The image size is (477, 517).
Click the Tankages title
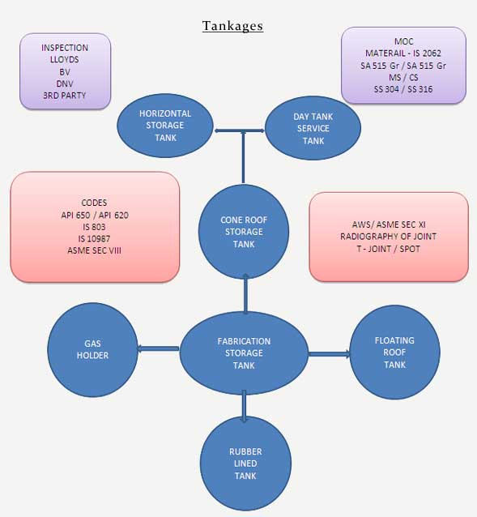click(232, 26)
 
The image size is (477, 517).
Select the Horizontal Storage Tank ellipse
click(165, 125)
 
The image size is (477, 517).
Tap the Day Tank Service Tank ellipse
click(313, 129)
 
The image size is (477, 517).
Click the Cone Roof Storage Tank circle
click(243, 232)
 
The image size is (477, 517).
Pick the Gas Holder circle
click(92, 349)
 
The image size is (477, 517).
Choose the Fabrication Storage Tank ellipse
click(244, 353)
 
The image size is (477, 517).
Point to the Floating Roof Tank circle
click(394, 352)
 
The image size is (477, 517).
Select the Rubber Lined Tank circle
click(245, 464)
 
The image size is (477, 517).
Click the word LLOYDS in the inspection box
click(65, 59)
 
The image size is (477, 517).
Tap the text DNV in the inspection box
click(65, 83)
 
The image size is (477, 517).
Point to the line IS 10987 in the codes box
click(94, 238)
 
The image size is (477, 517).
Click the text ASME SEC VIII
click(94, 250)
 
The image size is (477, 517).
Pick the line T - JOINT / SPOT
click(389, 249)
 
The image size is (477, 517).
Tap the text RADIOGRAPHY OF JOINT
click(389, 237)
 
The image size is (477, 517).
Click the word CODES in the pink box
click(94, 203)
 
